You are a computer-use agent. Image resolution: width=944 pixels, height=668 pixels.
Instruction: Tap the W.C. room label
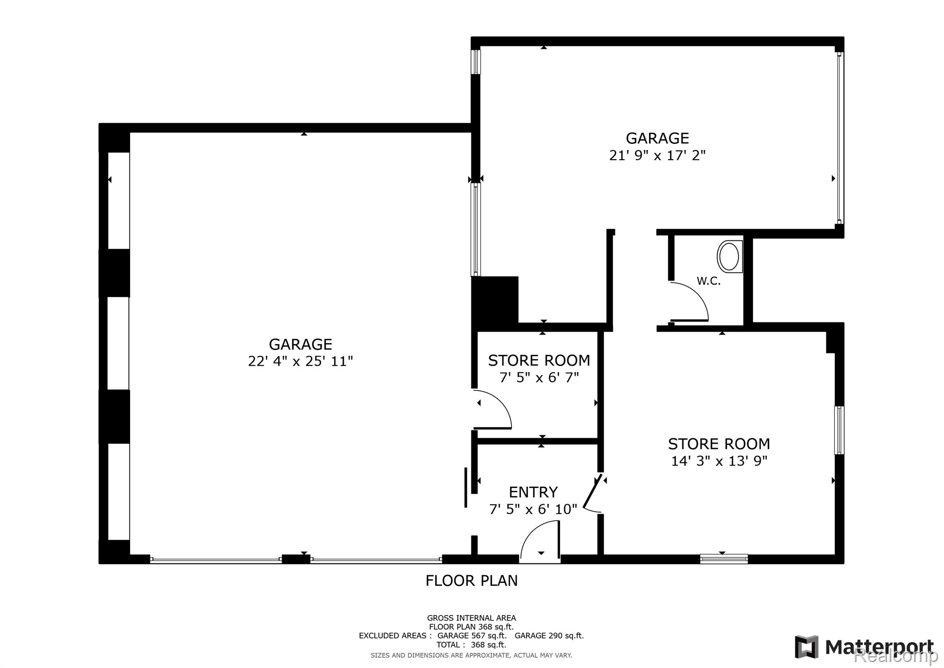pos(708,281)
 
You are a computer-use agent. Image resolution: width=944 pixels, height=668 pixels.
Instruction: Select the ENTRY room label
pos(533,492)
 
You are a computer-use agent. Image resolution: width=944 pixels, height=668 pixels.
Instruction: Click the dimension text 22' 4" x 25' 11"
pos(301,361)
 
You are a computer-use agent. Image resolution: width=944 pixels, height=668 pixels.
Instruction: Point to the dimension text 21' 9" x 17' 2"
pos(657,155)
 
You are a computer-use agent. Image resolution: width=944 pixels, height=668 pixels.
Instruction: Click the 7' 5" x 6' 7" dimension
pos(539,377)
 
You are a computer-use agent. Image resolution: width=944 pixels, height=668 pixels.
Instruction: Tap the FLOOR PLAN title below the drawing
pos(472,580)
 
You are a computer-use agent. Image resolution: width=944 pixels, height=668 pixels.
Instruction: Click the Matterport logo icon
pos(807,647)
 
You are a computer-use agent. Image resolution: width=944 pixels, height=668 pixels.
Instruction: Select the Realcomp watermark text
pos(896,655)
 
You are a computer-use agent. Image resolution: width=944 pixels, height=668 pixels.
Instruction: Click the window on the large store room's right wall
pos(839,430)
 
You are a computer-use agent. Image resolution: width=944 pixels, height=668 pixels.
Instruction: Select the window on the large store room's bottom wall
pos(724,559)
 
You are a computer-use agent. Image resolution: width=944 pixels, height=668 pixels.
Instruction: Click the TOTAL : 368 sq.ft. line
pos(472,644)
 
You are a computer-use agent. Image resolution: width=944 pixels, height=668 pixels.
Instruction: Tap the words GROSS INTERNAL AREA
pos(472,618)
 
